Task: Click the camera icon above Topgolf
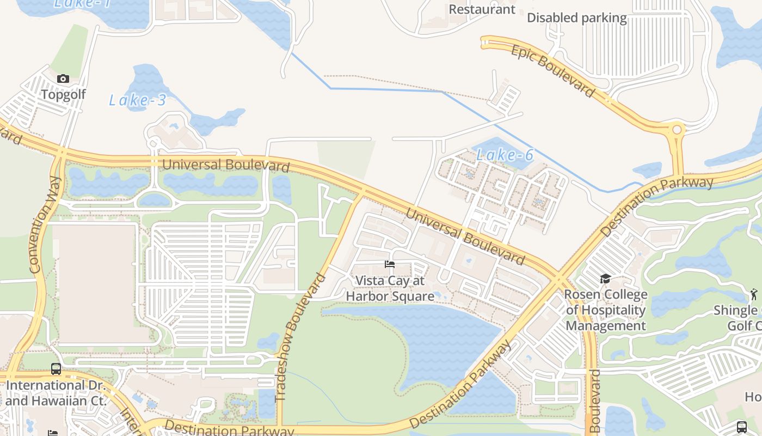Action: coord(63,79)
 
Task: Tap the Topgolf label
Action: coord(64,94)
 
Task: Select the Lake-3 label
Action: coord(137,100)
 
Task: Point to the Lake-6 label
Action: coord(505,155)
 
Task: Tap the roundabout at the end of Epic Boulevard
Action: coord(677,130)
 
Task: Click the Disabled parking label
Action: coord(577,18)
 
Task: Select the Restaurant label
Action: coord(482,9)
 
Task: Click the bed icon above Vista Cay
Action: coord(390,264)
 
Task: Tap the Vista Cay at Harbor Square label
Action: coord(390,288)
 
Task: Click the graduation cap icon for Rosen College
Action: coord(605,279)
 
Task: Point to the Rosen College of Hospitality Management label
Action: coord(606,310)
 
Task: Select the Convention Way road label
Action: coord(44,224)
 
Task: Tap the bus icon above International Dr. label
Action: coord(56,369)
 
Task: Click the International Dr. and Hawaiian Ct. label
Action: coord(54,393)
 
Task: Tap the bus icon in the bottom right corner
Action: coord(742,427)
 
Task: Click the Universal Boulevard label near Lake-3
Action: coord(225,165)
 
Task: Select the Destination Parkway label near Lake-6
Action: coord(656,206)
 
